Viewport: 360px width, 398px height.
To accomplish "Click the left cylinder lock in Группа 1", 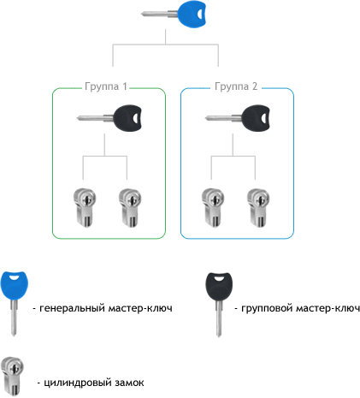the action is point(85,208).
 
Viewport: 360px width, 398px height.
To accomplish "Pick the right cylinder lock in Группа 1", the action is point(130,208).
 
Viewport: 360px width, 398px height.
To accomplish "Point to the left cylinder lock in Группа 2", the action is point(213,208).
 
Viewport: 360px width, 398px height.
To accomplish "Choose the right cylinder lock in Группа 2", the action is point(258,208).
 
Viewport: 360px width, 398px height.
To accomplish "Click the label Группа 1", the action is point(106,86).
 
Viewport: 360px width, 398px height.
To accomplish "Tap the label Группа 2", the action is point(236,86).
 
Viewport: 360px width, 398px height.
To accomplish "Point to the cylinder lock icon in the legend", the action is point(12,376).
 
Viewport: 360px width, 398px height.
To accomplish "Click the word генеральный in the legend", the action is point(72,308).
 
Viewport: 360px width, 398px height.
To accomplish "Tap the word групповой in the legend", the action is point(267,309).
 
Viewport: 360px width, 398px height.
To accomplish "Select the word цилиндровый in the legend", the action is point(76,383).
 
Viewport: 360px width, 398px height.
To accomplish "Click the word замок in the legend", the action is point(129,383).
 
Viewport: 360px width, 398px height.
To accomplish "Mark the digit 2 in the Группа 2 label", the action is point(255,86).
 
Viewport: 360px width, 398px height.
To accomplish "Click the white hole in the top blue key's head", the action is point(200,14).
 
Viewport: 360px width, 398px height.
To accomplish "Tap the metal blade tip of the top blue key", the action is point(143,14).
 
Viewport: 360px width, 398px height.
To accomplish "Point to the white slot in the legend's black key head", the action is point(219,278).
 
